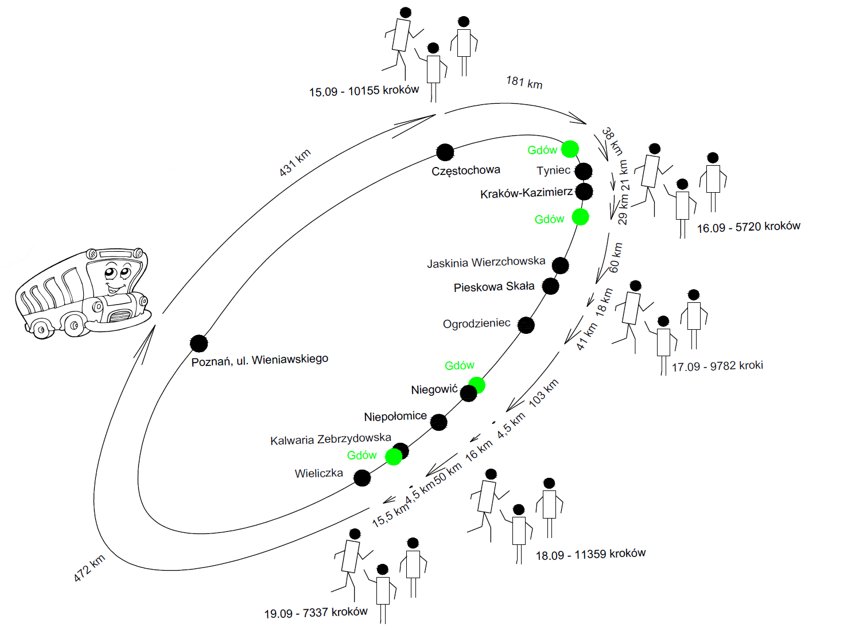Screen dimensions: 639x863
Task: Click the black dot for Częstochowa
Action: point(445,152)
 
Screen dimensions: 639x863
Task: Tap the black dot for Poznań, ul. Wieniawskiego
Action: point(199,344)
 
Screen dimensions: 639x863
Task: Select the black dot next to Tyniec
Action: point(583,171)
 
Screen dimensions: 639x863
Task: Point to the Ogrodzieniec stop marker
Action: point(526,325)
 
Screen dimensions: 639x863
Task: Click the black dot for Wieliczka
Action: point(362,478)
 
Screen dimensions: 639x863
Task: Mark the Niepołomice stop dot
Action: point(438,422)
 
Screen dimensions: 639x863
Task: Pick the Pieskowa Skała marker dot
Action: point(550,286)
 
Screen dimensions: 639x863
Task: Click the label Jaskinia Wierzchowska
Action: point(486,262)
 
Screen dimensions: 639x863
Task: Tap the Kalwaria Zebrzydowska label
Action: point(331,439)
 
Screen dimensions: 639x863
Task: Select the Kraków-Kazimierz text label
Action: point(526,193)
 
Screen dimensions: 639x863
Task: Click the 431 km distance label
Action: point(295,162)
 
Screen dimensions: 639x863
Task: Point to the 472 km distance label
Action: point(90,568)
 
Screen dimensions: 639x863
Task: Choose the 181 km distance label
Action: point(524,82)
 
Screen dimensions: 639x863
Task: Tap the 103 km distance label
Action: point(543,393)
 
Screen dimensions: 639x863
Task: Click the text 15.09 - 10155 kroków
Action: point(364,91)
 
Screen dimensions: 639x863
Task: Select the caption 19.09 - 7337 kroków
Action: point(316,613)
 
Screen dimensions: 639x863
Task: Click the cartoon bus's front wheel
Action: point(74,326)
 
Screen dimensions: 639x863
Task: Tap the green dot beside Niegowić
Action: point(477,385)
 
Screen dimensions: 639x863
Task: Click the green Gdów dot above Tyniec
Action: point(570,149)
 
